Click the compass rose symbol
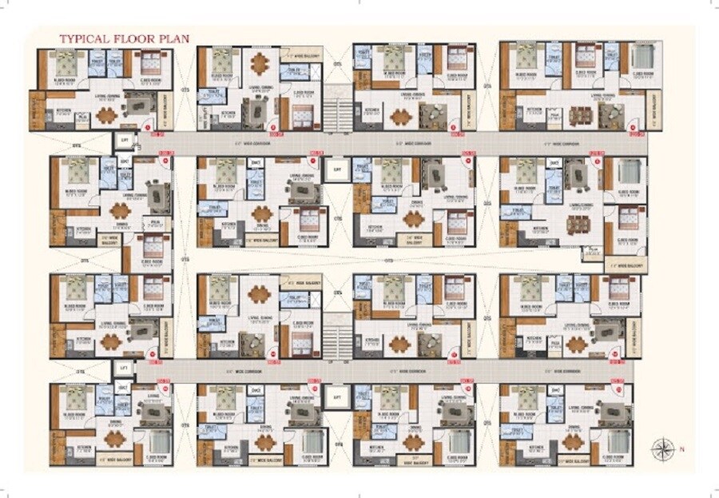pos(661,449)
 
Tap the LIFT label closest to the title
pos(123,140)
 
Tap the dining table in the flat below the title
pos(105,114)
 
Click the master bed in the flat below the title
pos(65,61)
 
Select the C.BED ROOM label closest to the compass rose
pos(616,459)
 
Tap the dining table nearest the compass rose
pos(571,440)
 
